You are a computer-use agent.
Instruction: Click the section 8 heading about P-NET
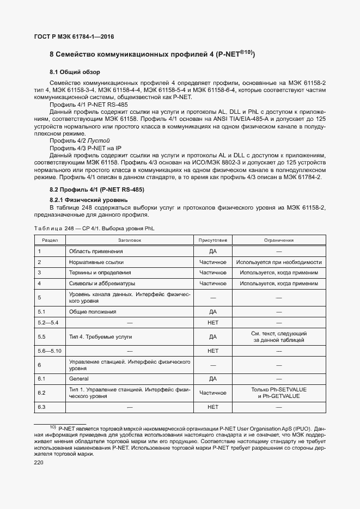(x=152, y=54)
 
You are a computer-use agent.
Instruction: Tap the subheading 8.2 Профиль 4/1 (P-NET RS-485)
(x=96, y=189)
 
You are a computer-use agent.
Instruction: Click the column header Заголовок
(x=129, y=240)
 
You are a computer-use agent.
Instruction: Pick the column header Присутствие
(x=212, y=240)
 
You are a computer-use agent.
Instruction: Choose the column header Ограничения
(x=279, y=240)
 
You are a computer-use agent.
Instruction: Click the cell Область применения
(x=95, y=252)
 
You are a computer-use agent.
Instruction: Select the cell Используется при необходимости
(x=279, y=262)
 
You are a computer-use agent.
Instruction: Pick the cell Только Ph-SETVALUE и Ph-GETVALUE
(x=279, y=393)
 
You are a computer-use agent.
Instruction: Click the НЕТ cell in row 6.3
(x=212, y=407)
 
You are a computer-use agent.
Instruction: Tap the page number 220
(x=40, y=462)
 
